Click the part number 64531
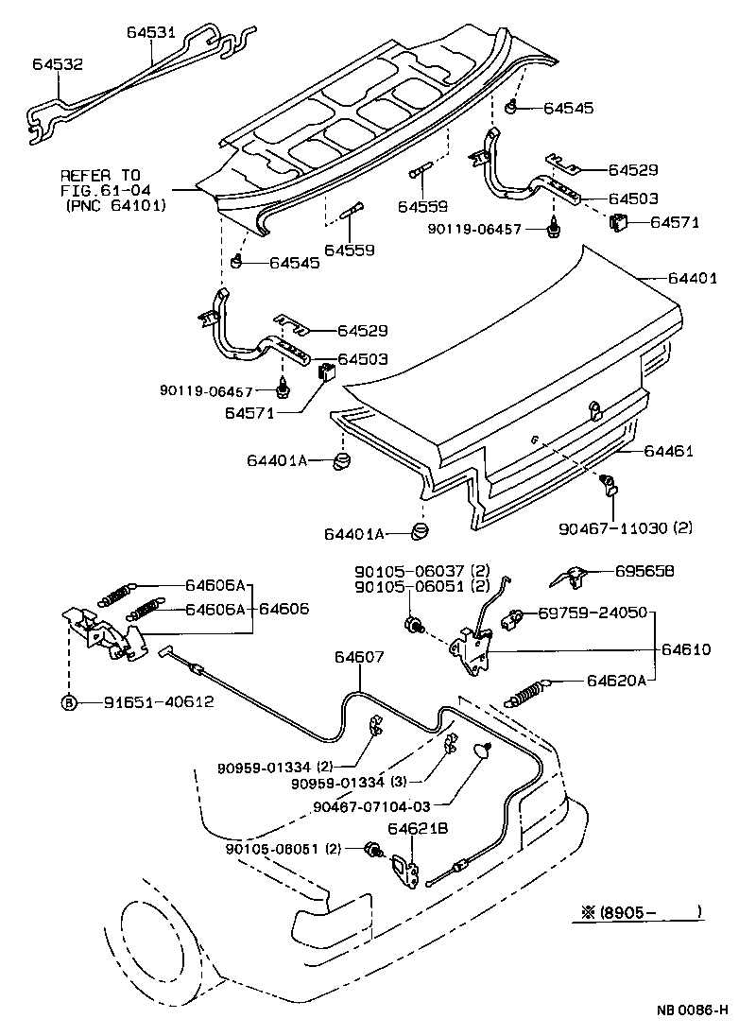click(151, 31)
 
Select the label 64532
click(57, 65)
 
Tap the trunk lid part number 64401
click(693, 279)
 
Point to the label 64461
click(669, 451)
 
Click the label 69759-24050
click(593, 613)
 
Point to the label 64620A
click(618, 680)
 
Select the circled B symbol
click(68, 702)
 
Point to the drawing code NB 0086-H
click(691, 1010)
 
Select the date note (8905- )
click(641, 912)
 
